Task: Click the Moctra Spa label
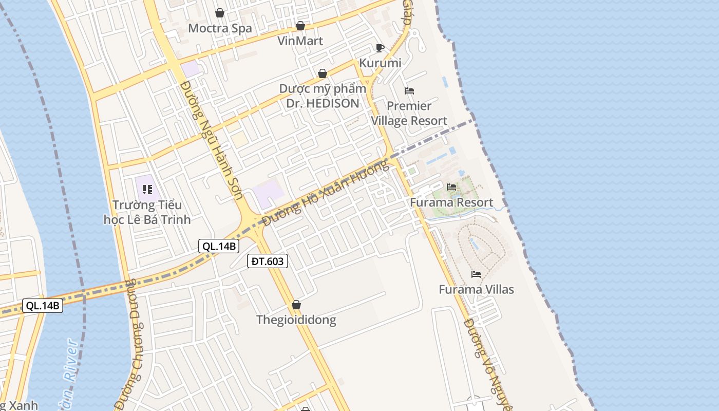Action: tap(220, 28)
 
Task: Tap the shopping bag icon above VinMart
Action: tap(300, 26)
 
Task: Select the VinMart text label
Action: tap(300, 41)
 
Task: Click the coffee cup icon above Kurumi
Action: tap(380, 48)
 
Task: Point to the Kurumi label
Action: tap(380, 63)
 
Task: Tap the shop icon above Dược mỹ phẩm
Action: tap(323, 73)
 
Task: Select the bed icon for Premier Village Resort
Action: tap(409, 91)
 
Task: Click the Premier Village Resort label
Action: tap(409, 113)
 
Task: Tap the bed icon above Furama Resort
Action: tap(451, 187)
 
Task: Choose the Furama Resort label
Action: tap(451, 202)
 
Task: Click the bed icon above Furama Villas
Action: tap(476, 274)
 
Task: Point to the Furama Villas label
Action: tap(476, 289)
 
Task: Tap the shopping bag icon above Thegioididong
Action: tap(296, 305)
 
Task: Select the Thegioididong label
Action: tap(296, 320)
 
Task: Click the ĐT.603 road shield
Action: tap(267, 261)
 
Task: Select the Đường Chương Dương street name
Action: tap(129, 344)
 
